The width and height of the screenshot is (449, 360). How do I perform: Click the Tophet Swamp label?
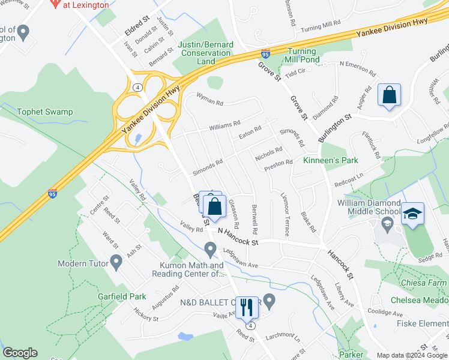click(44, 112)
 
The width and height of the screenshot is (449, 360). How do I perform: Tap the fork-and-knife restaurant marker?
click(246, 307)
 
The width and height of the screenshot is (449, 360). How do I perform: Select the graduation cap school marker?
click(412, 214)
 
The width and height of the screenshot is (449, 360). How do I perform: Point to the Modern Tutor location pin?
click(116, 262)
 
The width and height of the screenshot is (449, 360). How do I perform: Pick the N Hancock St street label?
click(238, 236)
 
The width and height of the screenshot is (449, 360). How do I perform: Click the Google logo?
click(20, 353)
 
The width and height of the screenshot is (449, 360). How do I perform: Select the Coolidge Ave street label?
click(385, 313)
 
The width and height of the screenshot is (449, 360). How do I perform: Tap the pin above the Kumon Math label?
click(210, 248)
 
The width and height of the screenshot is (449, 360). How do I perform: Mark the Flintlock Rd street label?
click(371, 145)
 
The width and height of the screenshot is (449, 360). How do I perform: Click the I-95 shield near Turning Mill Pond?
click(265, 54)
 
